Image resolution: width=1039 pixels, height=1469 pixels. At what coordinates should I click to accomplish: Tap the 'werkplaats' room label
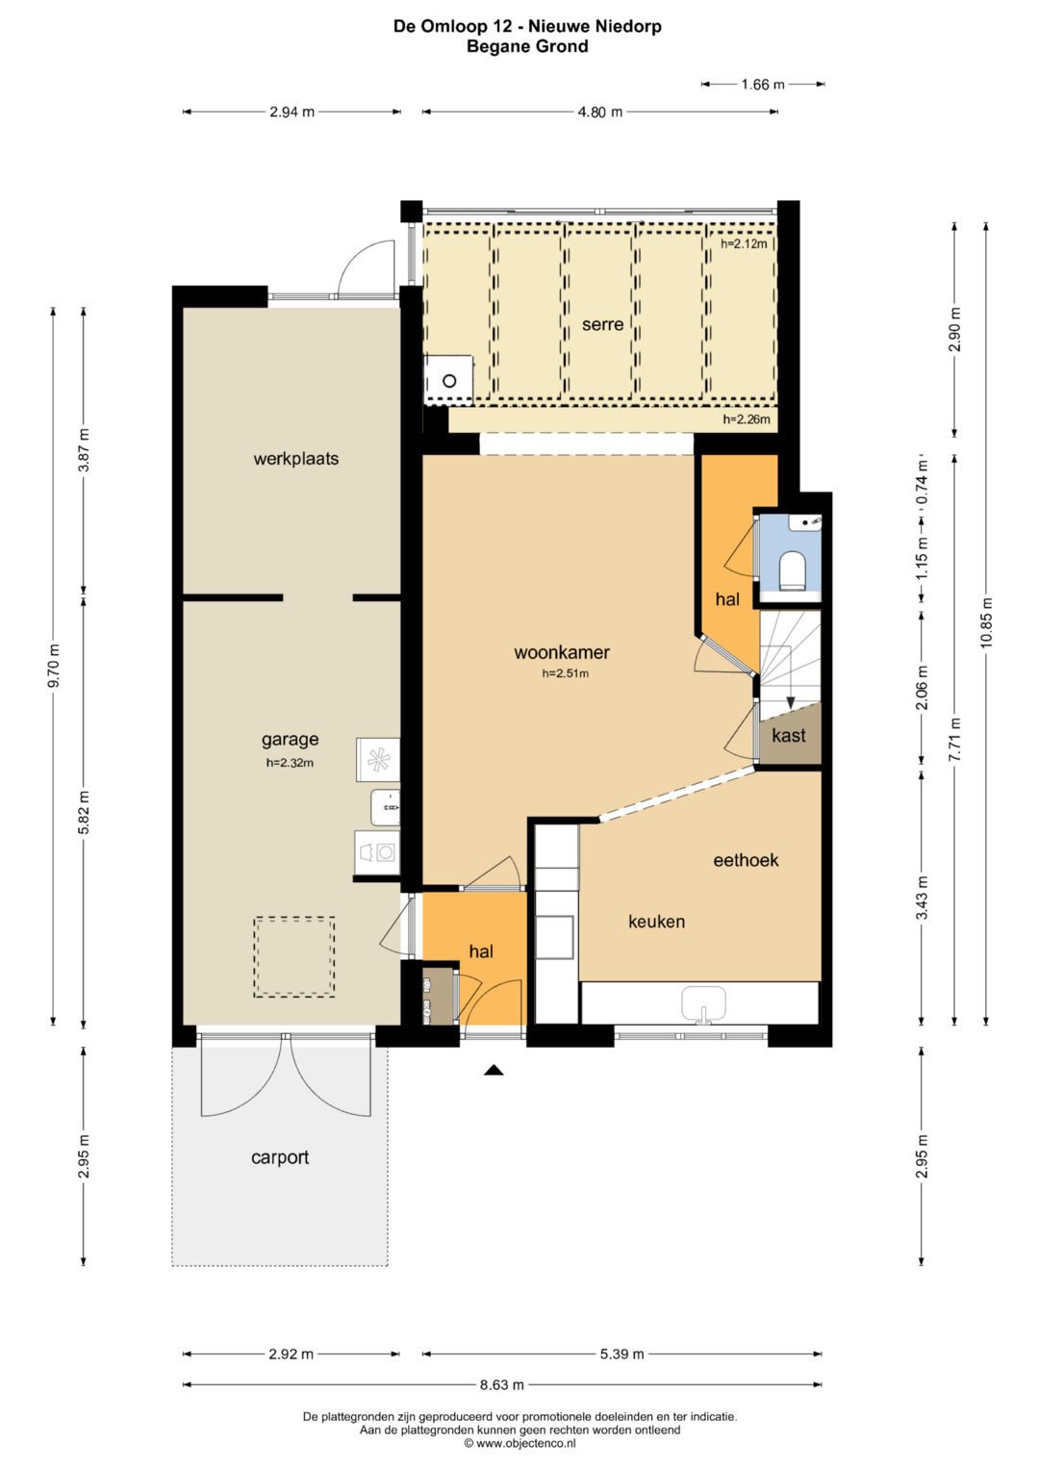pyautogui.click(x=296, y=459)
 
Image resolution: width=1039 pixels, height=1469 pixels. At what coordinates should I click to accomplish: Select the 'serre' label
pyautogui.click(x=602, y=324)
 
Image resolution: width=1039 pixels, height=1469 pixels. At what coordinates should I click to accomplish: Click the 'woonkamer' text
pyautogui.click(x=562, y=652)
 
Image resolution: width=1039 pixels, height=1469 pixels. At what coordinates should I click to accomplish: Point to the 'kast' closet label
pyautogui.click(x=789, y=735)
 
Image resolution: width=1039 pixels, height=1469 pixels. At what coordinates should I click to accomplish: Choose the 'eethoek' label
pyautogui.click(x=746, y=860)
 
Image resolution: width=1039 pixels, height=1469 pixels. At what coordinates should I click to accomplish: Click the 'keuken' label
pyautogui.click(x=656, y=922)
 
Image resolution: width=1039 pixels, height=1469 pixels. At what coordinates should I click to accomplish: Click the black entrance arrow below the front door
pyautogui.click(x=494, y=1071)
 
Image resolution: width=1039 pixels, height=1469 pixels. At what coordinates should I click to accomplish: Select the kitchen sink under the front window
pyautogui.click(x=703, y=1004)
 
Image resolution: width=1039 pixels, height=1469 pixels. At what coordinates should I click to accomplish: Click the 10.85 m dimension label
pyautogui.click(x=986, y=623)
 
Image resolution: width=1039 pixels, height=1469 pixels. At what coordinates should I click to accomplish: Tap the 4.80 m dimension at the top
pyautogui.click(x=599, y=113)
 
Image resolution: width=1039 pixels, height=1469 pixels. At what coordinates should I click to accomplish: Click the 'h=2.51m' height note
pyautogui.click(x=565, y=673)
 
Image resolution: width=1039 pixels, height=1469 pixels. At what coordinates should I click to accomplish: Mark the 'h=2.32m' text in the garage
pyautogui.click(x=290, y=763)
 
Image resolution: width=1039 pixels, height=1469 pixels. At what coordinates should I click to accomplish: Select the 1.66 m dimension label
pyautogui.click(x=763, y=85)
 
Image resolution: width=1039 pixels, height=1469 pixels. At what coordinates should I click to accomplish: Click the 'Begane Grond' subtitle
pyautogui.click(x=527, y=46)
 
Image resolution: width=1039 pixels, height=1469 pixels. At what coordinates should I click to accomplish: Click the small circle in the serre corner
pyautogui.click(x=449, y=380)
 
